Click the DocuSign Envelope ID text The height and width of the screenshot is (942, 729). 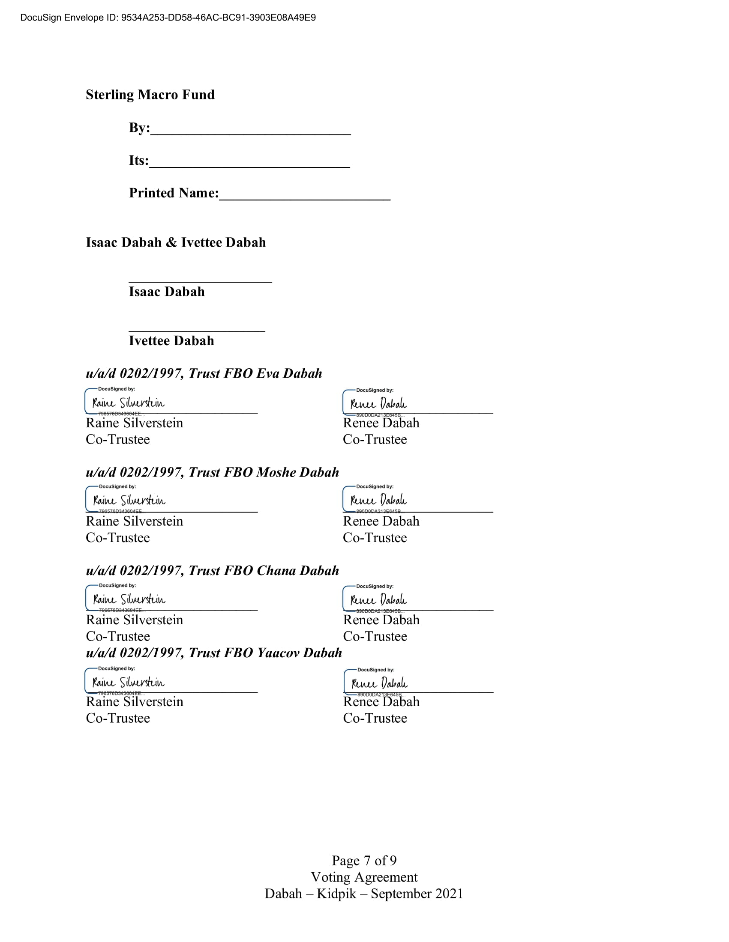(168, 18)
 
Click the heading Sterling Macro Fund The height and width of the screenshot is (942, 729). (150, 95)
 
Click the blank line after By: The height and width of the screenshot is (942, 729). (250, 132)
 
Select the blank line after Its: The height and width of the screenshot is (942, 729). (249, 165)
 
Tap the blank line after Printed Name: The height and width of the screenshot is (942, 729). (305, 197)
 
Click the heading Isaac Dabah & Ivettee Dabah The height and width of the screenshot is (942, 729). (176, 242)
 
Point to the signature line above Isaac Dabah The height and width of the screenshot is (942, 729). (200, 281)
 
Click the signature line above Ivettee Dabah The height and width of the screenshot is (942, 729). (197, 330)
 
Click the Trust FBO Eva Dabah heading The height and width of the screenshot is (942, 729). (204, 373)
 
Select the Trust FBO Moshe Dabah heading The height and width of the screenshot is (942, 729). (212, 472)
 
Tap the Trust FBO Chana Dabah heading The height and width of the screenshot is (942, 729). (212, 570)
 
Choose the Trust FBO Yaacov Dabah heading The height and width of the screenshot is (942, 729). (214, 652)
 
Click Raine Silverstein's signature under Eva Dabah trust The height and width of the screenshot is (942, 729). (128, 403)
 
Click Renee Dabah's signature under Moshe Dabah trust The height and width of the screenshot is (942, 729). (378, 500)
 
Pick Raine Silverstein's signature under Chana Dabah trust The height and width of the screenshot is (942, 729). (129, 599)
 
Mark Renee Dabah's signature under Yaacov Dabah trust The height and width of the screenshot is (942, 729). (379, 683)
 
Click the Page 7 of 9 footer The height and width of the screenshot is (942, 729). (364, 860)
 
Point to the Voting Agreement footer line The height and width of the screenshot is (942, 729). (364, 877)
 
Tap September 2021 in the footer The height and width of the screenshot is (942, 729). (417, 893)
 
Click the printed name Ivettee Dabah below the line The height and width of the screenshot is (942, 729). (171, 341)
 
